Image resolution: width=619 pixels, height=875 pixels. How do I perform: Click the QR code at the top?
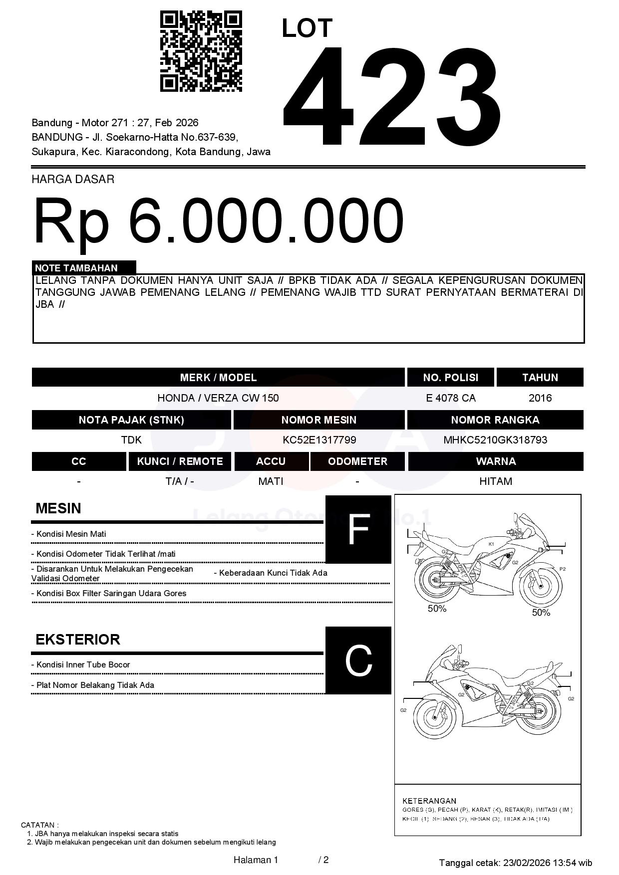[201, 51]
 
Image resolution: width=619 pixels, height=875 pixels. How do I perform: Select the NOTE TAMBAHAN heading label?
[76, 268]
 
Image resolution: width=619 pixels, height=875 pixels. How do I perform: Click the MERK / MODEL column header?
[218, 378]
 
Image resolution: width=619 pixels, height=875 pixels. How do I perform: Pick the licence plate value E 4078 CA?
[451, 398]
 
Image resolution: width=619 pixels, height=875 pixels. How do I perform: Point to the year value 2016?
[540, 398]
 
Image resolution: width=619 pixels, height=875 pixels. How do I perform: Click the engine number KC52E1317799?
[319, 440]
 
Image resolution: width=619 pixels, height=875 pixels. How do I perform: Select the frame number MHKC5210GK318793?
[495, 440]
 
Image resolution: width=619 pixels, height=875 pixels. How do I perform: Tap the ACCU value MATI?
[271, 481]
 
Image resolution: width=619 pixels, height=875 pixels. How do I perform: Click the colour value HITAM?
[496, 481]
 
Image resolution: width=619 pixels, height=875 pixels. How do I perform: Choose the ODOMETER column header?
[357, 461]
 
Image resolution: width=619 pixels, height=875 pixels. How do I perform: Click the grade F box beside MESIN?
[358, 529]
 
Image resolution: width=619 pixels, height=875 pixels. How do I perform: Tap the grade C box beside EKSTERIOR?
[358, 660]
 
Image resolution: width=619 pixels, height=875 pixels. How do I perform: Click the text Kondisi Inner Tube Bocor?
[83, 665]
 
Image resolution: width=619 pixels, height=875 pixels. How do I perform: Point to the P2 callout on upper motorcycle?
[563, 569]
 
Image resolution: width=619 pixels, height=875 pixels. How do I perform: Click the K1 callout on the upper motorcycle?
[491, 544]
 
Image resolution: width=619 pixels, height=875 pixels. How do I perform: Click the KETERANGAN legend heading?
[429, 801]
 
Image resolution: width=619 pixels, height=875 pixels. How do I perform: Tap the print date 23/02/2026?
[527, 863]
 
